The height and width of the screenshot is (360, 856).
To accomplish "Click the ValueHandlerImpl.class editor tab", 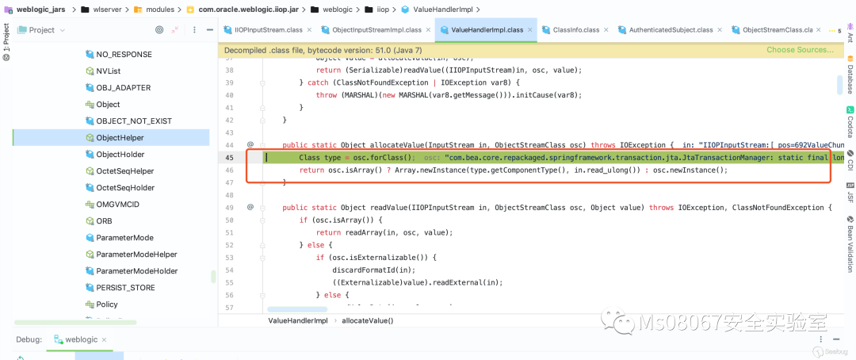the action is [x=486, y=30].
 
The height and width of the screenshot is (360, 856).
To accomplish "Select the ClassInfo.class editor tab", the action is [x=575, y=30].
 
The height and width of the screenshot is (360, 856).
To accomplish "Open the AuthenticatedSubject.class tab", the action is [x=671, y=30].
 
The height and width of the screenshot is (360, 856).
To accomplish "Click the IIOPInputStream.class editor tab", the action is [x=266, y=30].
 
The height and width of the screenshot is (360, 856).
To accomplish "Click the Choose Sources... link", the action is [x=800, y=50].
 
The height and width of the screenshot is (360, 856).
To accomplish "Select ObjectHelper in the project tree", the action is [x=120, y=138].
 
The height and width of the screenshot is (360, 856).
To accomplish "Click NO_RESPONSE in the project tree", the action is [x=124, y=55].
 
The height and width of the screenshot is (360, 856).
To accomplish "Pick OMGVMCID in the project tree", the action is [x=117, y=205].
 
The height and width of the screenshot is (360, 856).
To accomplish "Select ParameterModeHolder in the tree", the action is [x=137, y=271].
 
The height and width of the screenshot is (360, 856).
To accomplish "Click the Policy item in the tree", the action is [x=107, y=304].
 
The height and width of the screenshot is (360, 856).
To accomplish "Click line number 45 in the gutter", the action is [x=230, y=158].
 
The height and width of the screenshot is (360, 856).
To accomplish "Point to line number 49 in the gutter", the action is [x=230, y=208].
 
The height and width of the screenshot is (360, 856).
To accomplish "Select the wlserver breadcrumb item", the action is [x=109, y=10].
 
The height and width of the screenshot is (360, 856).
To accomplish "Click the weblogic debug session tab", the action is [x=81, y=340].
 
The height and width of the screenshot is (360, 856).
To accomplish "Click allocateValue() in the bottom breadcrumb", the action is [x=367, y=320].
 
